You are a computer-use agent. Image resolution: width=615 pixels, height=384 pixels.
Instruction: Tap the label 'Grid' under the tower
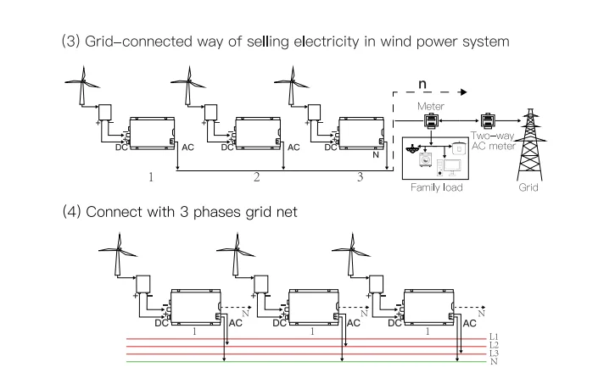pyautogui.click(x=528, y=186)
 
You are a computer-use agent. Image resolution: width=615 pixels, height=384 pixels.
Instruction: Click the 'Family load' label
pyautogui.click(x=437, y=186)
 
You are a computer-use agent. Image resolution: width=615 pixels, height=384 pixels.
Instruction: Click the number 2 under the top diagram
pyautogui.click(x=256, y=179)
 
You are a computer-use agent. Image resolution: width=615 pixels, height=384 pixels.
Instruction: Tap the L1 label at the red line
pyautogui.click(x=494, y=337)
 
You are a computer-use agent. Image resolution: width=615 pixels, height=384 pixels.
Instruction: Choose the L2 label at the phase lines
pyautogui.click(x=494, y=345)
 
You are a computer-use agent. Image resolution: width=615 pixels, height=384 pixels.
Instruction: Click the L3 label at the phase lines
pyautogui.click(x=494, y=353)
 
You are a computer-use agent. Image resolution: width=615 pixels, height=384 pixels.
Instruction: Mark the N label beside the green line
pyautogui.click(x=494, y=362)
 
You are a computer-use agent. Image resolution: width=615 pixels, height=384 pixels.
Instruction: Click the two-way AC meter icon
pyautogui.click(x=489, y=120)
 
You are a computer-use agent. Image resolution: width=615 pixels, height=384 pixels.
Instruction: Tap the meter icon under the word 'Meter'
pyautogui.click(x=431, y=121)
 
